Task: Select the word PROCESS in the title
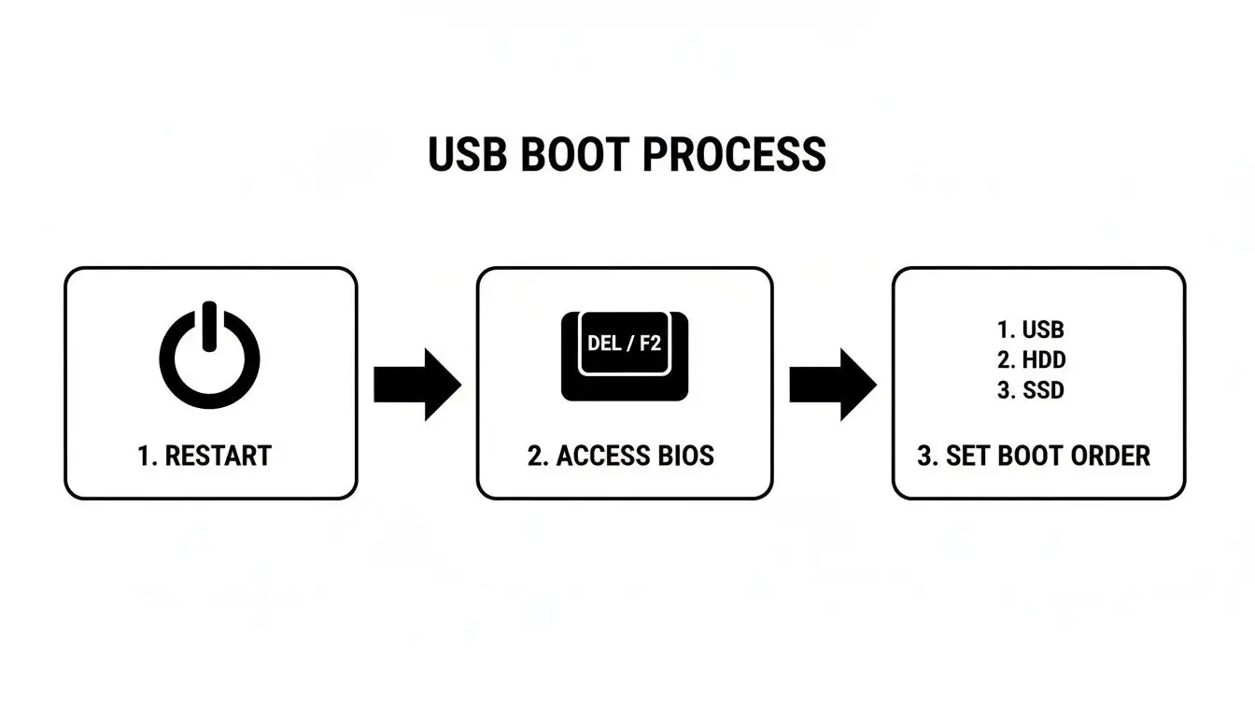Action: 735,155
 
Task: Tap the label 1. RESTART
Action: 204,456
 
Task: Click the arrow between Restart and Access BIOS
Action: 416,384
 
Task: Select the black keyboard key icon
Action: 625,356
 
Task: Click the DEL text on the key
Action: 603,343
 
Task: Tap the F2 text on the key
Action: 649,343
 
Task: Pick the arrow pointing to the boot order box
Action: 832,384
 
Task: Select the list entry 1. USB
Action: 1030,330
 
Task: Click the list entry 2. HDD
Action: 1030,359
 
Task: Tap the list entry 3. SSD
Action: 1030,390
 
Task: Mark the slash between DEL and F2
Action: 628,343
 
